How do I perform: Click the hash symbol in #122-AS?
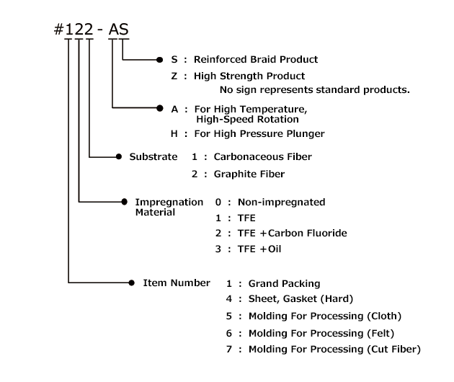[60, 31]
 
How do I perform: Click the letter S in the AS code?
[124, 31]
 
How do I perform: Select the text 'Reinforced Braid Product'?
[256, 60]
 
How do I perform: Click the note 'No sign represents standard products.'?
[315, 90]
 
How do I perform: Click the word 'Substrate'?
[153, 156]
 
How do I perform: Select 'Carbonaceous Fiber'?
[263, 156]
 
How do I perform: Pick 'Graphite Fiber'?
[249, 174]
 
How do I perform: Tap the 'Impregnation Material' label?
[169, 208]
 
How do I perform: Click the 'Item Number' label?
[177, 283]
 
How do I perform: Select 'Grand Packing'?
[284, 284]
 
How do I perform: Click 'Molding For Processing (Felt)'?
[321, 333]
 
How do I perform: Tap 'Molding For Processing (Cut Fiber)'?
[334, 350]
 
